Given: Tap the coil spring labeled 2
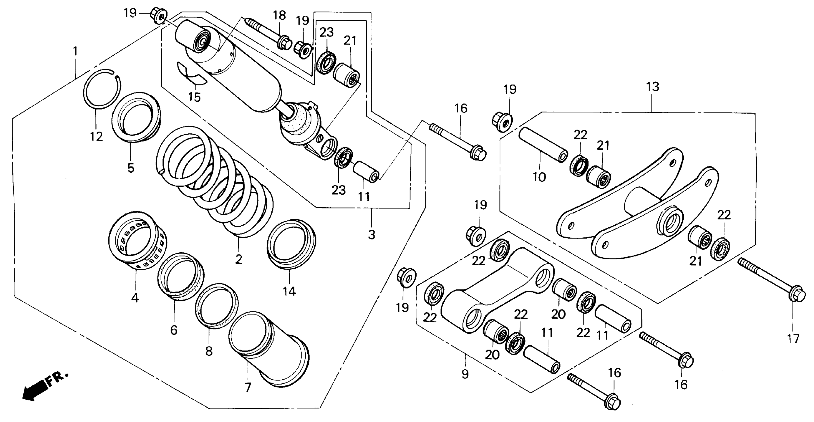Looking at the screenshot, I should point(215,183).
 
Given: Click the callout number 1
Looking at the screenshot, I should point(75,51).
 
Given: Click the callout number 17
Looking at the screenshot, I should point(793,339).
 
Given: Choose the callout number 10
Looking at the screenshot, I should point(539,177).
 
